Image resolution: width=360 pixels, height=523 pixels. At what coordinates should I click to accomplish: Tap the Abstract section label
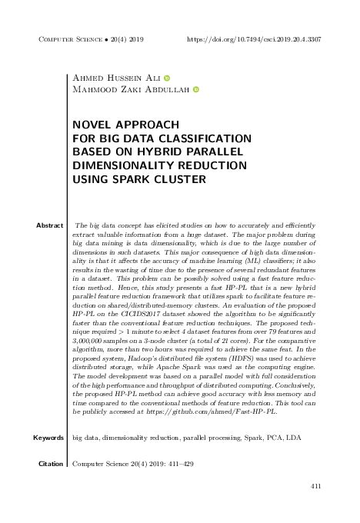click(x=49, y=225)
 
